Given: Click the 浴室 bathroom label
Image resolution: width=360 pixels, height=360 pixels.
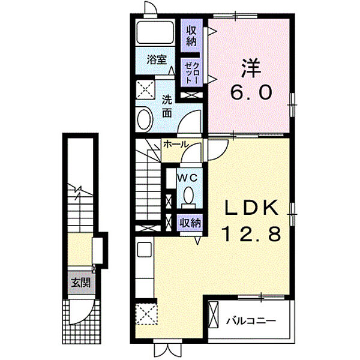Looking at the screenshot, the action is click(157, 60).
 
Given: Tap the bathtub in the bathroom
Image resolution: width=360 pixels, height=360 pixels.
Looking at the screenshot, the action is click(155, 32).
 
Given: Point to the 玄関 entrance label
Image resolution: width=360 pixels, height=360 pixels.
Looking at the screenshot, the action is click(80, 283).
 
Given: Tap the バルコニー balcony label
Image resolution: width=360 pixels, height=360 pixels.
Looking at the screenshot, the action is click(251, 320).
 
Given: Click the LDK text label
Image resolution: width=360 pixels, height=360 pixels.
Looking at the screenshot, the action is click(251, 208).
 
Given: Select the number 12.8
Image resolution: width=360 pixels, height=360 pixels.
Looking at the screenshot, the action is click(251, 234).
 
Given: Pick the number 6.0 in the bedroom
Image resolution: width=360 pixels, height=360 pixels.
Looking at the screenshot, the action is click(251, 92).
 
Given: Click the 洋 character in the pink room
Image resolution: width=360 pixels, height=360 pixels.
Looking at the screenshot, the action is click(251, 68).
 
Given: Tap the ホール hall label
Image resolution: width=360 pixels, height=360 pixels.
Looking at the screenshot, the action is click(176, 145).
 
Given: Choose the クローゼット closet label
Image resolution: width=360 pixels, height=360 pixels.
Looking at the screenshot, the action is click(191, 73).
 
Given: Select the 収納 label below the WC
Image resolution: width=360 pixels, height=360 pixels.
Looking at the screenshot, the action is click(190, 223).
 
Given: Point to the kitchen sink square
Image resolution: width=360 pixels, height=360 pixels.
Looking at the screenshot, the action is click(144, 250).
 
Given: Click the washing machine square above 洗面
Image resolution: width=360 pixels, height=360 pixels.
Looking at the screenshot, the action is click(145, 89).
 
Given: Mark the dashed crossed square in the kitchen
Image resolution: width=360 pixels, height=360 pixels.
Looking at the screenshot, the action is click(147, 314).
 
